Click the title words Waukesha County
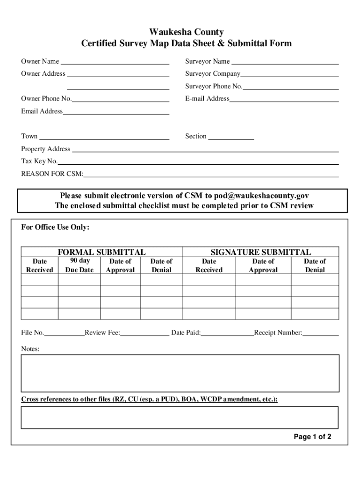[x=186, y=32]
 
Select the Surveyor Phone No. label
[x=214, y=86]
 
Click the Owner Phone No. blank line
[x=120, y=100]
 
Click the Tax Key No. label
[x=39, y=161]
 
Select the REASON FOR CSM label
[x=52, y=174]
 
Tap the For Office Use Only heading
[x=55, y=227]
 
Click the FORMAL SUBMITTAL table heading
[x=101, y=252]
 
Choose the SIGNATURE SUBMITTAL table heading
[x=260, y=252]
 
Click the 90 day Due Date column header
[x=79, y=265]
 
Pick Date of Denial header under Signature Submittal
[x=315, y=266]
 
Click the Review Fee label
[x=102, y=333]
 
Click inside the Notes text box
[x=180, y=373]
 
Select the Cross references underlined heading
[x=149, y=399]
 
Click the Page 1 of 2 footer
[x=312, y=437]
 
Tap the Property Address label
[x=45, y=149]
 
